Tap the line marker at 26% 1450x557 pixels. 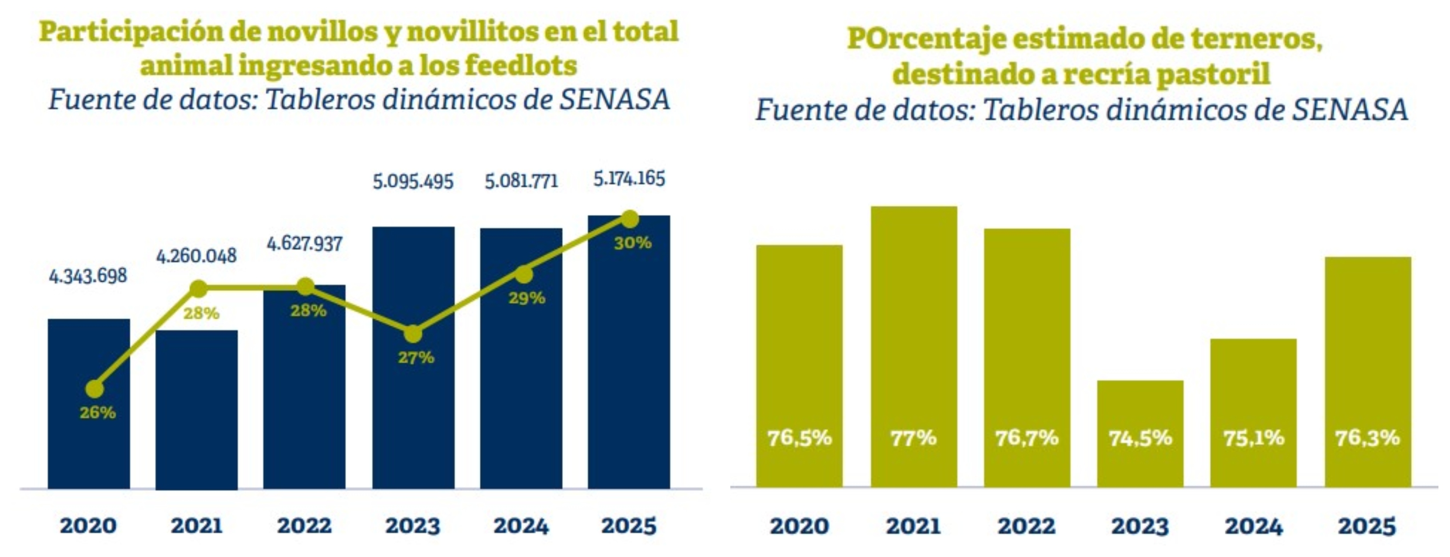coord(95,388)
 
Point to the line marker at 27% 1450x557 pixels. coord(413,334)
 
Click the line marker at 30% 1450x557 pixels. coord(629,218)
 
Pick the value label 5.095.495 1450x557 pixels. coord(413,182)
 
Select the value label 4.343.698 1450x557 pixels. coord(88,276)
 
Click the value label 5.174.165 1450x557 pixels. coord(629,179)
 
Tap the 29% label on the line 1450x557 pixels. coord(527,298)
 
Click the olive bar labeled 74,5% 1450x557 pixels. coord(1140,433)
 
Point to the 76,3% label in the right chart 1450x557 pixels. coord(1367,438)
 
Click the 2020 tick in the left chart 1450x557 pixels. coord(88,526)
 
